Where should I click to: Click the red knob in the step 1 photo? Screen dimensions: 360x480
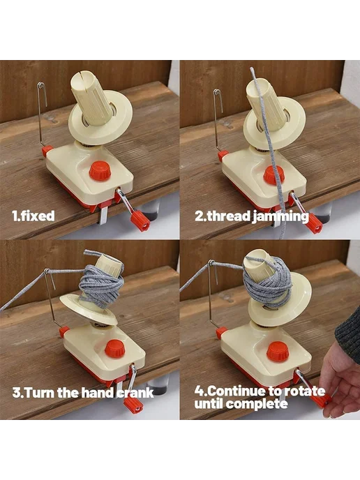point(100,171)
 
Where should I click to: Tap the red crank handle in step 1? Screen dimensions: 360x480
point(140,220)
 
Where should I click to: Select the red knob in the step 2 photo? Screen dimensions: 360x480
point(273,175)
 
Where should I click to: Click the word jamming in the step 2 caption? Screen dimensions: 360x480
point(280,217)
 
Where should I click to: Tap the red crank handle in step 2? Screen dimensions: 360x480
point(314,223)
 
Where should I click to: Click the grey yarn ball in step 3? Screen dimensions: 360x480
point(102,284)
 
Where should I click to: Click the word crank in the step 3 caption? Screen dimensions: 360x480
point(135,393)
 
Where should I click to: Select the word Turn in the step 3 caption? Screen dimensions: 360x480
point(40,393)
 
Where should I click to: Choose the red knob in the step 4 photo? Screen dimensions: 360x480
point(278,352)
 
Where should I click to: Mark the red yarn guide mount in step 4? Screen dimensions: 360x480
point(221,333)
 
